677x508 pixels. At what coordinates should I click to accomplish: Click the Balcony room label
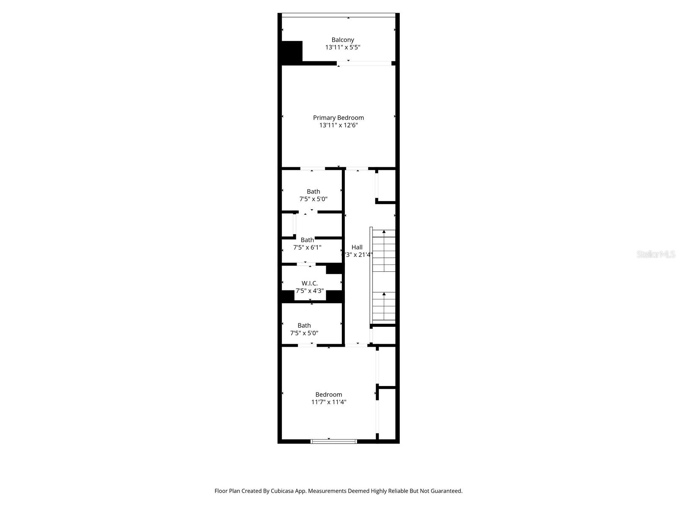[x=343, y=40]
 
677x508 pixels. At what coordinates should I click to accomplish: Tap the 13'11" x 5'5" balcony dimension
[x=343, y=47]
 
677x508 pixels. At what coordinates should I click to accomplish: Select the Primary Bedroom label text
[x=338, y=118]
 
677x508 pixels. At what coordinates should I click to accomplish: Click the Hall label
[x=357, y=247]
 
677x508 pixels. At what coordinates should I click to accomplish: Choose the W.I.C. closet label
[x=309, y=283]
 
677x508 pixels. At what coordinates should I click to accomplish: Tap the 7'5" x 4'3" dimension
[x=309, y=291]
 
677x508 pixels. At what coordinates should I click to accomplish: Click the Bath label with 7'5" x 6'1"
[x=307, y=240]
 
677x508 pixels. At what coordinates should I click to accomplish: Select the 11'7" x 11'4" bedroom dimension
[x=329, y=402]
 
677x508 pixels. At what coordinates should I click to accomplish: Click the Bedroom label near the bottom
[x=329, y=395]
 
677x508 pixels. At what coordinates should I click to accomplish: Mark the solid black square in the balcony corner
[x=292, y=52]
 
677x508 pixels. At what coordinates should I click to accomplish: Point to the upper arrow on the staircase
[x=384, y=232]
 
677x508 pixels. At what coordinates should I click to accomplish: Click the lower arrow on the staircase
[x=384, y=294]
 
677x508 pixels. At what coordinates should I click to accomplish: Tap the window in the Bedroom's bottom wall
[x=334, y=442]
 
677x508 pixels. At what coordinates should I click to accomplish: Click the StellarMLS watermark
[x=656, y=254]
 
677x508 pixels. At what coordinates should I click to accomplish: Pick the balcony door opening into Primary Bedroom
[x=364, y=63]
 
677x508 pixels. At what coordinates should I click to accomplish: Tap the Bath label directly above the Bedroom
[x=304, y=326]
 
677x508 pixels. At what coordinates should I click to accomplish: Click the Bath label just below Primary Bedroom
[x=313, y=191]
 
